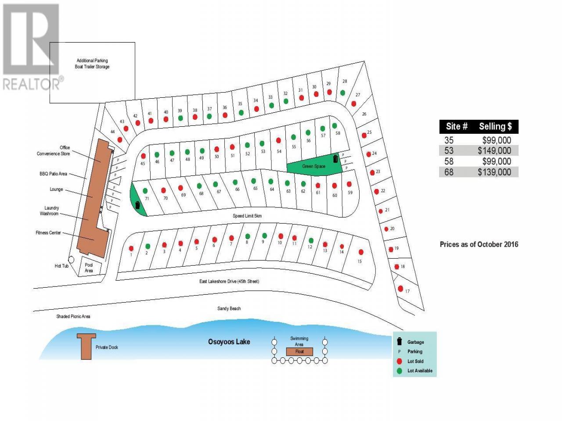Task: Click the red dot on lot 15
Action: (361, 252)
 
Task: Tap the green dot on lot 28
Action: (342, 93)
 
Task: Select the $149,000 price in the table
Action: (494, 150)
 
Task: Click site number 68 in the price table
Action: (449, 172)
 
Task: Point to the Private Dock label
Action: (107, 347)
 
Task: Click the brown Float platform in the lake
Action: (299, 351)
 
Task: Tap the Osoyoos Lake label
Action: (229, 342)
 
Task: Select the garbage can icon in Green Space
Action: (335, 159)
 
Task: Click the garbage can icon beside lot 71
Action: (137, 205)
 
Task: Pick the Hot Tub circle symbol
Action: (71, 260)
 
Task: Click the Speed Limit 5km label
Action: (247, 216)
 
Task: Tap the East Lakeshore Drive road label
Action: (229, 281)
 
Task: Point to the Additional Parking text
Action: (92, 61)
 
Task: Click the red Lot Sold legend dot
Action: (399, 361)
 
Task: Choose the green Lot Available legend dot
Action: (399, 371)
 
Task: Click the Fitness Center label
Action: (48, 232)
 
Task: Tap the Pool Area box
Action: (90, 267)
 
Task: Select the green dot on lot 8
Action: (247, 236)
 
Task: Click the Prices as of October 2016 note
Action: (479, 244)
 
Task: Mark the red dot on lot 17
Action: (400, 289)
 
